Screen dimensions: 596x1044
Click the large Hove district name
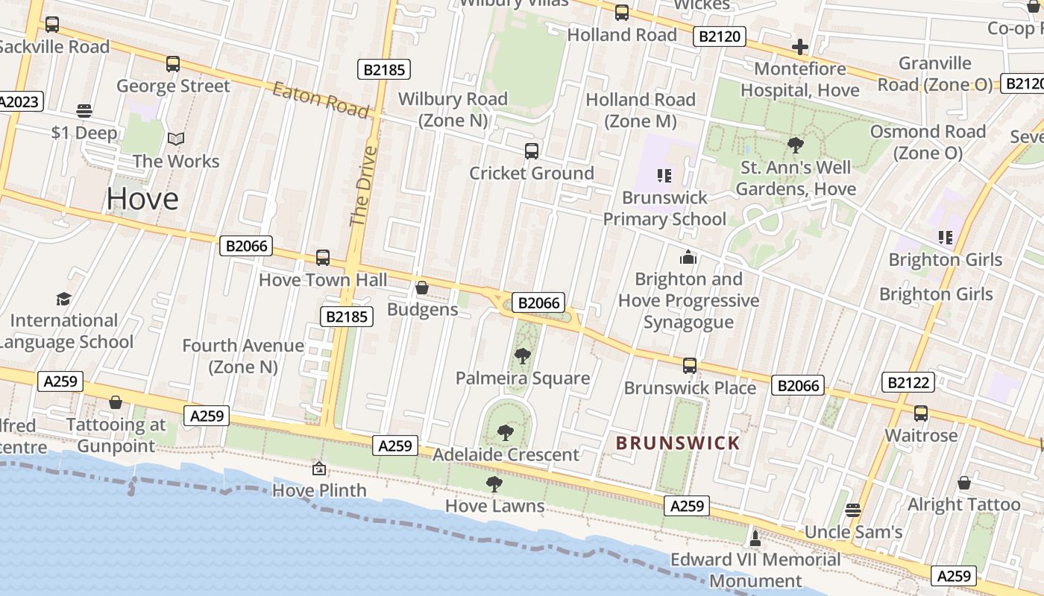[x=142, y=198]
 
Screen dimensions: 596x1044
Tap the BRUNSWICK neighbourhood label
[x=678, y=443]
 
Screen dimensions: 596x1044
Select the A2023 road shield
[x=20, y=101]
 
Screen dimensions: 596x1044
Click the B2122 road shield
[x=908, y=383]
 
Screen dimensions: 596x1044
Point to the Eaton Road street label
[x=321, y=101]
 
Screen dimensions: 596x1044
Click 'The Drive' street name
[x=363, y=186]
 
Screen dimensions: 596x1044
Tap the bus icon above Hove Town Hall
[x=323, y=258]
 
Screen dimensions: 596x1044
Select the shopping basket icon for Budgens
[x=422, y=288]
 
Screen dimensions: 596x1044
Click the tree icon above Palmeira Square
[x=523, y=356]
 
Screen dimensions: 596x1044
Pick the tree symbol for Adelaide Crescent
[x=506, y=432]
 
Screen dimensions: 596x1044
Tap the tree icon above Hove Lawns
[x=494, y=484]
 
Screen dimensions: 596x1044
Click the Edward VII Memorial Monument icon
[x=755, y=537]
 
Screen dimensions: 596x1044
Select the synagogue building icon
[x=688, y=257]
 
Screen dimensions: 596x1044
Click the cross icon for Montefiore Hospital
[x=800, y=47]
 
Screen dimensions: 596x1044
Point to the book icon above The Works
[x=176, y=139]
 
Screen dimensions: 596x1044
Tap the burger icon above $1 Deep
[x=84, y=111]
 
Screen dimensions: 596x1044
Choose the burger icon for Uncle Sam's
[x=853, y=510]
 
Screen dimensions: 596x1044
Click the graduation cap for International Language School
[x=64, y=299]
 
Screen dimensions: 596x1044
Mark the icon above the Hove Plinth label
[x=319, y=469]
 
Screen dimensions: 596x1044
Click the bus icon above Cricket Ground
[x=532, y=151]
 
